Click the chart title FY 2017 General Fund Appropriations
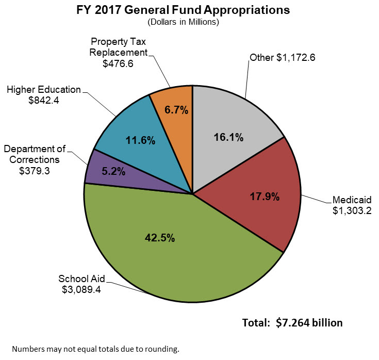[x=190, y=10]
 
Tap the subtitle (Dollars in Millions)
[x=190, y=22]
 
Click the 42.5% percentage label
[x=160, y=238]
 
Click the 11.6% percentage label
[x=140, y=140]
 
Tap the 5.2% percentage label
[x=113, y=172]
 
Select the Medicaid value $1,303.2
[x=352, y=210]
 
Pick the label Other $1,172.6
[x=282, y=58]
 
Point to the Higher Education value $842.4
[x=44, y=101]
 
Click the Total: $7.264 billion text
[x=292, y=323]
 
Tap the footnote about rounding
[x=95, y=349]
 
